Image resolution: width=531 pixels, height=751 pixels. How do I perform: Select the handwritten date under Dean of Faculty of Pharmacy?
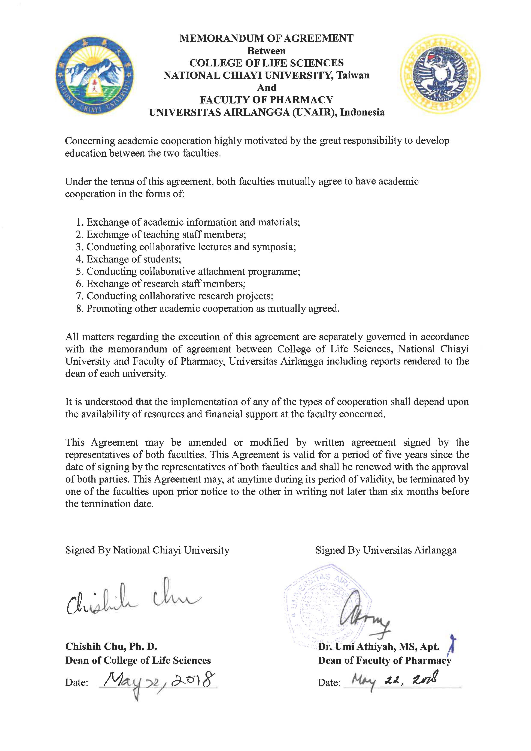pyautogui.click(x=394, y=681)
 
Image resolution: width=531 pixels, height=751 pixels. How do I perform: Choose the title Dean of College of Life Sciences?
pyautogui.click(x=138, y=660)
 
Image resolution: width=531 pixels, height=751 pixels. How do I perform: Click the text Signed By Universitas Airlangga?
pyautogui.click(x=386, y=550)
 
